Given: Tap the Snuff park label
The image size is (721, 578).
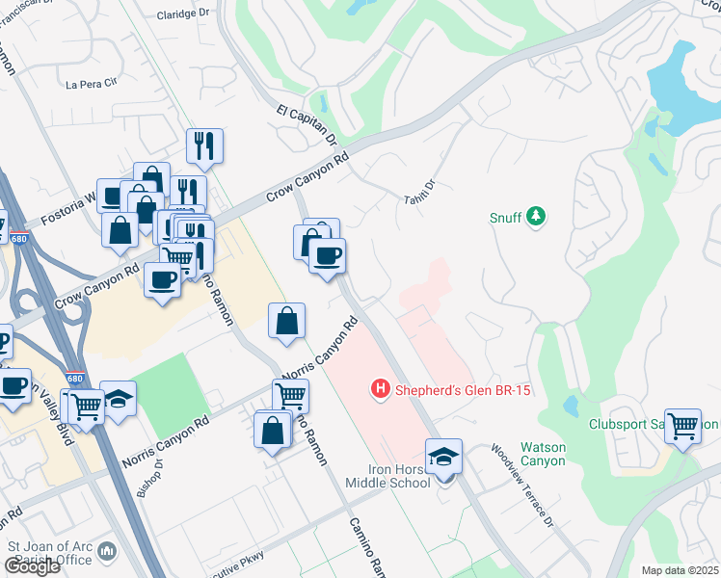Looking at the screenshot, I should (x=506, y=219).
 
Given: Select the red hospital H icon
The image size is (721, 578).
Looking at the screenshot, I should (x=381, y=389).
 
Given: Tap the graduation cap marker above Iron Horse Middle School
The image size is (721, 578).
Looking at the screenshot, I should (x=444, y=455).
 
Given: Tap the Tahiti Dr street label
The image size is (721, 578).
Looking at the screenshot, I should (x=421, y=190).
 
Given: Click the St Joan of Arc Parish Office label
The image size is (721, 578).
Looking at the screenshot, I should (x=50, y=554).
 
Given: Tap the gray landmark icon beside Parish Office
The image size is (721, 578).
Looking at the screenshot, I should (x=106, y=551).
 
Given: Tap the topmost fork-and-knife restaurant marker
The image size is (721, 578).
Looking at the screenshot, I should (x=204, y=145).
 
